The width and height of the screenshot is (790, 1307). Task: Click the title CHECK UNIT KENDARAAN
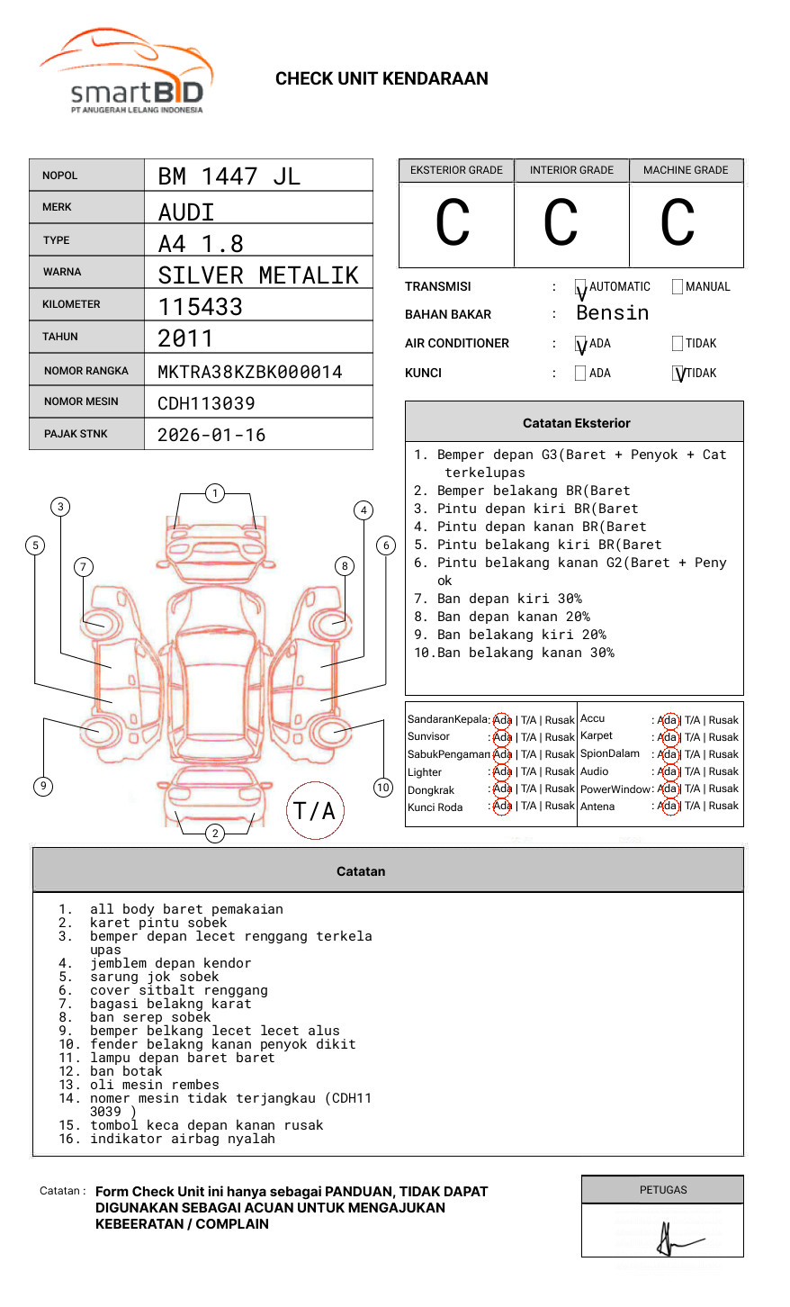(x=382, y=79)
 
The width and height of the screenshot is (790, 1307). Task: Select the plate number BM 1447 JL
(x=229, y=176)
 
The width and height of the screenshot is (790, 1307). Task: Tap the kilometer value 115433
(x=200, y=307)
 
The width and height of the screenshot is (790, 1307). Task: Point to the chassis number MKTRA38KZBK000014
(x=249, y=372)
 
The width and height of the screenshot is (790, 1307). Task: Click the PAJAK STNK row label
(x=76, y=434)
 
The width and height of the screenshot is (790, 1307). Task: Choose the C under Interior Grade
(x=561, y=223)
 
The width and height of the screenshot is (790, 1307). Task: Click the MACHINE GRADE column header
(x=686, y=170)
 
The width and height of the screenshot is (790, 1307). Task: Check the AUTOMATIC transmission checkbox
(x=580, y=287)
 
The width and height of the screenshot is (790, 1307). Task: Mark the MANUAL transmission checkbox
(x=678, y=287)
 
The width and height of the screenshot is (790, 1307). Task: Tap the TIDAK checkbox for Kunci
(x=678, y=373)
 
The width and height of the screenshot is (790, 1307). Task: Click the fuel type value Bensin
(x=612, y=313)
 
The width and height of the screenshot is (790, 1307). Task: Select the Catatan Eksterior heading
(x=576, y=423)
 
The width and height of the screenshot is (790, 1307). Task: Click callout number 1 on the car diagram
(x=214, y=493)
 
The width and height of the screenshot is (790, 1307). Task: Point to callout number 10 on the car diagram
(x=383, y=788)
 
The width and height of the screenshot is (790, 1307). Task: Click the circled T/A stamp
(x=314, y=811)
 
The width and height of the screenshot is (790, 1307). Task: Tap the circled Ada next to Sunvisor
(x=502, y=737)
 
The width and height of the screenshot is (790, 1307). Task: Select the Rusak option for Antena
(x=723, y=807)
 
